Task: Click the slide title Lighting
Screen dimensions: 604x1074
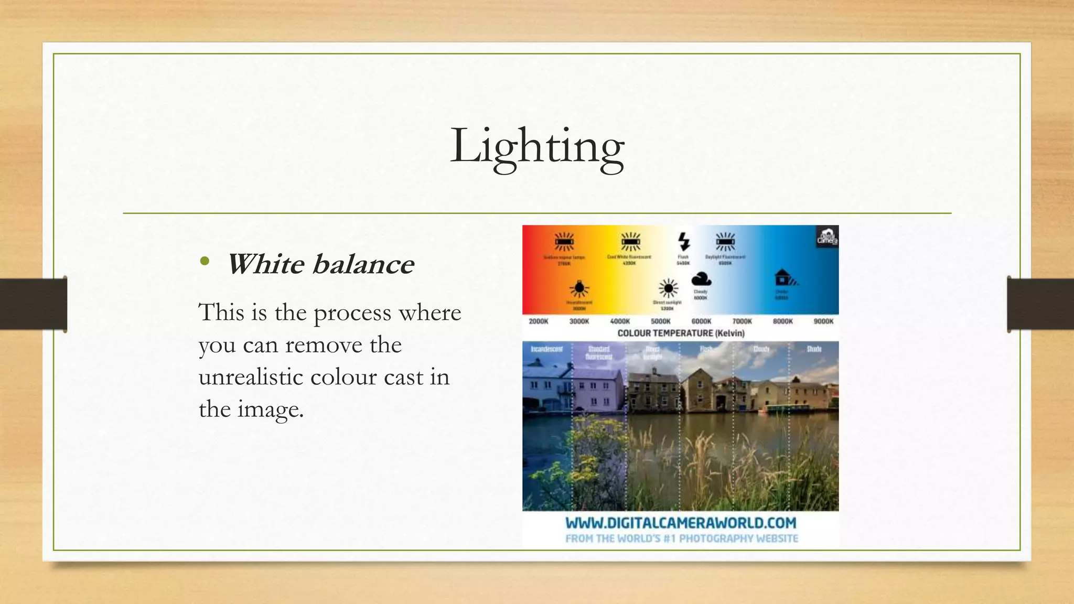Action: [x=537, y=147]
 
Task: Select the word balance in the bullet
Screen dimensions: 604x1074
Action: [x=363, y=264]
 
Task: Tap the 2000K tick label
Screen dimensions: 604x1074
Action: [x=539, y=321]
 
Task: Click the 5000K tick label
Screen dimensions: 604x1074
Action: [x=661, y=321]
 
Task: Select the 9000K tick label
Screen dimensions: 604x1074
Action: [x=823, y=321]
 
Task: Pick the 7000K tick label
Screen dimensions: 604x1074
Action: [x=742, y=321]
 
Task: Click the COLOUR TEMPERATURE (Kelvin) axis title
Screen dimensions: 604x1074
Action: [x=681, y=333]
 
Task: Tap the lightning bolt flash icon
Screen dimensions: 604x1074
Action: [x=683, y=242]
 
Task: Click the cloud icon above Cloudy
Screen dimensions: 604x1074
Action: [x=701, y=279]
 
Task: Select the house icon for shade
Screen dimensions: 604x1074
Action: [x=784, y=277]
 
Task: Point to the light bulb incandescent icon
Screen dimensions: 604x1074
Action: [x=579, y=288]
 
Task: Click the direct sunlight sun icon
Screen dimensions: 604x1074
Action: [x=668, y=288]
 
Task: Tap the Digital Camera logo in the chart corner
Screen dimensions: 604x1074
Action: [x=827, y=237]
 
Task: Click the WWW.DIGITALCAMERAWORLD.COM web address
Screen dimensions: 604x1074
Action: [x=681, y=523]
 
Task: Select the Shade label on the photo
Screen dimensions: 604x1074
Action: [x=814, y=349]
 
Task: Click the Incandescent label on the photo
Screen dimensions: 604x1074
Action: [x=546, y=349]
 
